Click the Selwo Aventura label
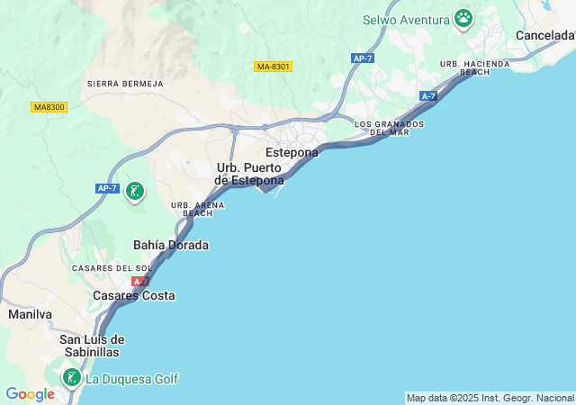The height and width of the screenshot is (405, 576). click(x=406, y=19)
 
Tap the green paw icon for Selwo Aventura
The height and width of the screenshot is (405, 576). click(x=463, y=18)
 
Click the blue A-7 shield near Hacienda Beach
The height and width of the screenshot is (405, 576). click(x=428, y=95)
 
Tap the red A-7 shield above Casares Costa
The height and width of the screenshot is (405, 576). click(x=140, y=282)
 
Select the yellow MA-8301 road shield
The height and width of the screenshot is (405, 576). click(x=274, y=67)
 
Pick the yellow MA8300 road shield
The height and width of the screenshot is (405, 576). click(x=49, y=107)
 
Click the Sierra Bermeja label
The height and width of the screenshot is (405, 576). click(x=125, y=84)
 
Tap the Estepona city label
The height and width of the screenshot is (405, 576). click(x=292, y=153)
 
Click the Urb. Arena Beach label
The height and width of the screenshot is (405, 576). click(x=192, y=210)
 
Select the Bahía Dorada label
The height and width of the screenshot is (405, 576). click(x=171, y=245)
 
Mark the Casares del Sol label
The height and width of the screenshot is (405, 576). click(x=112, y=268)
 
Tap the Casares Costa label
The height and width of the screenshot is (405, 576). click(x=134, y=295)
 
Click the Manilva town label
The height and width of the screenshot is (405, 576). click(x=31, y=314)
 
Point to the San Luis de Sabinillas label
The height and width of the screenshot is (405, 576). click(x=91, y=346)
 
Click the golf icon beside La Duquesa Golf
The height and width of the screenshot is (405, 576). click(x=71, y=377)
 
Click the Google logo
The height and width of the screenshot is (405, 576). click(x=30, y=393)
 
